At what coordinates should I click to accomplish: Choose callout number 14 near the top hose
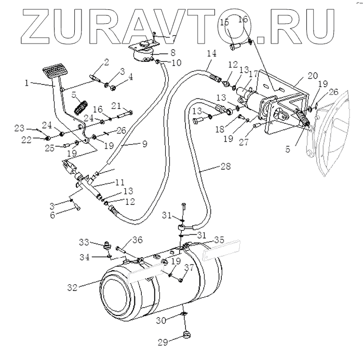(x=210, y=53)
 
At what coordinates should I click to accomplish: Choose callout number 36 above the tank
(x=137, y=239)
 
